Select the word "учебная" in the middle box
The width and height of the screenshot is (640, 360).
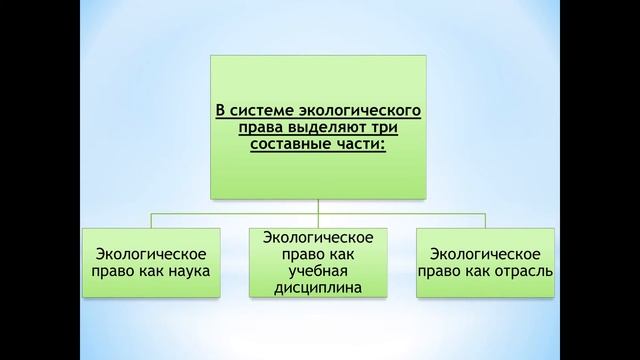[x=318, y=271]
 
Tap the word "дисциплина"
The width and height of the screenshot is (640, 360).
[x=318, y=288]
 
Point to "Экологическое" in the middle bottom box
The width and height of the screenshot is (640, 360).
[x=318, y=237]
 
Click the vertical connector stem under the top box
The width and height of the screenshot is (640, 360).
[x=318, y=205]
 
